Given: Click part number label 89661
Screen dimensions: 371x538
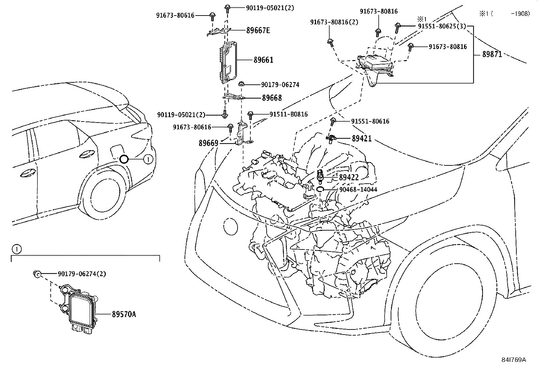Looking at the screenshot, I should [x=263, y=60].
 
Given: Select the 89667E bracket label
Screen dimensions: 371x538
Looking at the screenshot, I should [x=258, y=30].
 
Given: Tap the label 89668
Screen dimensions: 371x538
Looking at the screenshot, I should [x=272, y=98].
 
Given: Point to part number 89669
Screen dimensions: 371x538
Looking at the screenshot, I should [x=208, y=143].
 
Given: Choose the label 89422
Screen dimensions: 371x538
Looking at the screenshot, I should [x=349, y=177].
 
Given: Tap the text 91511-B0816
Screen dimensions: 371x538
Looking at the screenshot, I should [x=288, y=114].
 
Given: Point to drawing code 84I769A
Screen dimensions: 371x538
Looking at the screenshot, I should [x=514, y=360].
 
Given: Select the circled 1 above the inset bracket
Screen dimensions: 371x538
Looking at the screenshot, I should [x=16, y=249].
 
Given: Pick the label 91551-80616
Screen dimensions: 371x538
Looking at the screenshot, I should [x=370, y=121].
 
